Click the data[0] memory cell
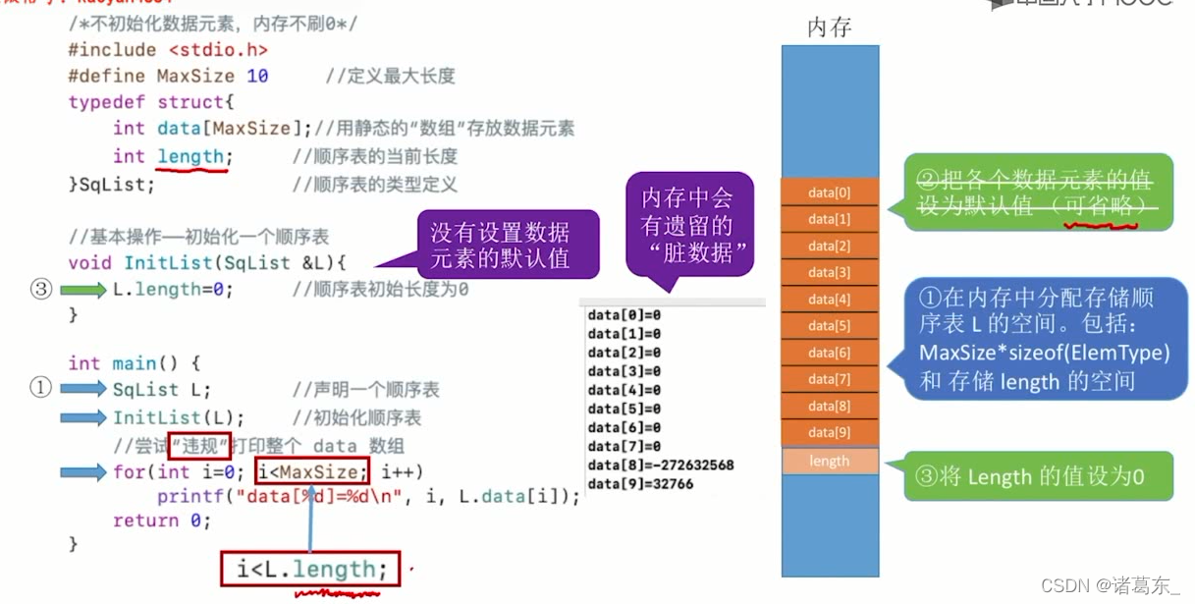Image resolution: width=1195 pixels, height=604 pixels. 830,192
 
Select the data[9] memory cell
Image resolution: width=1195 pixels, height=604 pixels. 830,432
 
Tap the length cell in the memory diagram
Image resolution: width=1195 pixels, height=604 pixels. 830,461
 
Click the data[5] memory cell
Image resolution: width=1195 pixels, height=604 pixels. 830,326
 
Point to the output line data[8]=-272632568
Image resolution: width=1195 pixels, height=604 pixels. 661,465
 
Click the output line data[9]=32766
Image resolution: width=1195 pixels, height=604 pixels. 640,483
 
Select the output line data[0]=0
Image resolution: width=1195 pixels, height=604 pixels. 625,315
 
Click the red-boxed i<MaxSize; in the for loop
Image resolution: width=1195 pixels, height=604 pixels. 313,472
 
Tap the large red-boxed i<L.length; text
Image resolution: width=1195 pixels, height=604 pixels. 310,570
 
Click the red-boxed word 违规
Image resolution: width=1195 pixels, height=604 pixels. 199,446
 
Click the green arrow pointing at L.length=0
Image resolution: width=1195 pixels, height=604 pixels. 82,290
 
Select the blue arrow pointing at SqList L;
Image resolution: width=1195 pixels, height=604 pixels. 82,389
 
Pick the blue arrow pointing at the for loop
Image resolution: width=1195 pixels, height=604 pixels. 82,472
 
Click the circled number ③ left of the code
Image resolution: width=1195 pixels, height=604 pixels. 40,290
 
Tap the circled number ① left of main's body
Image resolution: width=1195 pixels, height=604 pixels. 40,389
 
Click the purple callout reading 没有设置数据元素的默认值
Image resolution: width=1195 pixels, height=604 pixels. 500,246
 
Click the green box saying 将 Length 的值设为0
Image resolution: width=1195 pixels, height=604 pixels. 1039,477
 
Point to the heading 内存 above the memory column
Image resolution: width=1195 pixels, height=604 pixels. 829,27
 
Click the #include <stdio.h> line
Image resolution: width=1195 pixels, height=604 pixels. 168,50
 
